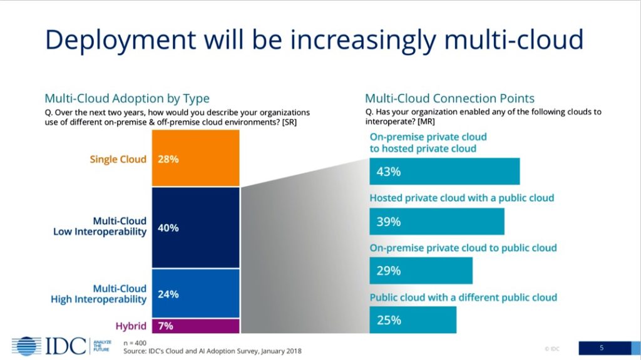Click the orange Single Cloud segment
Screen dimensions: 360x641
(x=195, y=158)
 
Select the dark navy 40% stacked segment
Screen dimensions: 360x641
(x=195, y=228)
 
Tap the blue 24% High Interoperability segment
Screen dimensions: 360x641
(x=195, y=293)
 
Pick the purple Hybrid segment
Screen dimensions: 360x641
(x=195, y=326)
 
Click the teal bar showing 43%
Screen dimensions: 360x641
(x=444, y=172)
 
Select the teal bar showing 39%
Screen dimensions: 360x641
(x=436, y=221)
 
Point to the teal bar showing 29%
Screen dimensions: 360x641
(x=421, y=270)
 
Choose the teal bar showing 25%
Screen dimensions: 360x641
(x=413, y=320)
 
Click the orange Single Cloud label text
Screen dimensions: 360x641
(x=118, y=159)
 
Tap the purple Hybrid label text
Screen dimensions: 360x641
(x=130, y=326)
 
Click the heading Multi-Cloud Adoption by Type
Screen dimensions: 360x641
(x=127, y=98)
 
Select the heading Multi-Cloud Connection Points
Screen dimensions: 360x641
(x=449, y=98)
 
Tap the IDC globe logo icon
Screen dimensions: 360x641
(x=26, y=346)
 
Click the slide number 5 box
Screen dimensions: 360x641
(x=602, y=347)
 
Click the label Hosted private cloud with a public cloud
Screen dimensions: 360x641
(x=462, y=198)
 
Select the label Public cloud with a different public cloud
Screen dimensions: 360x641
(x=463, y=297)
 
